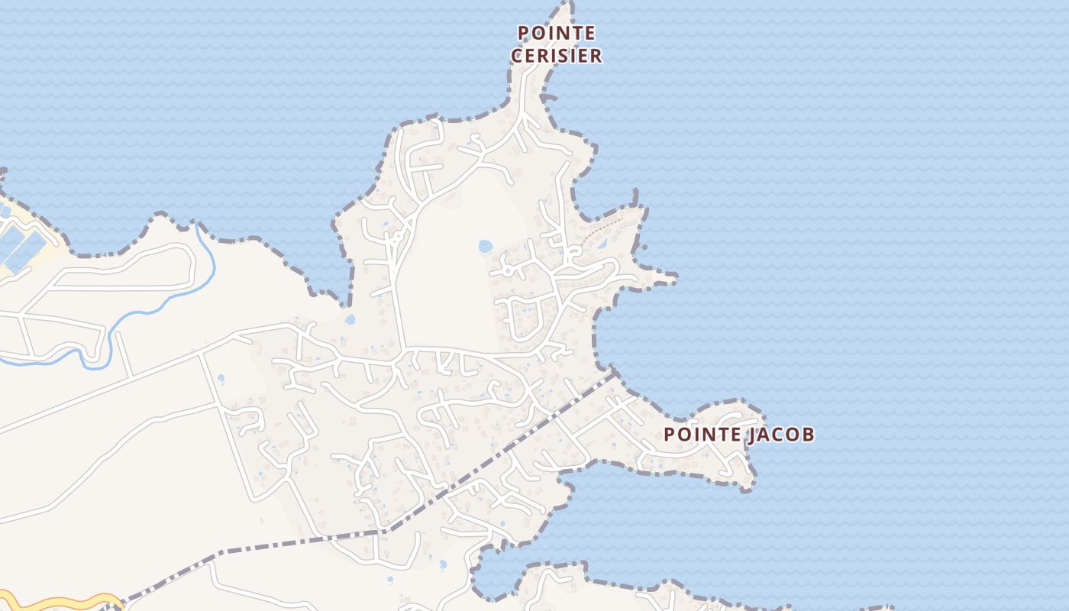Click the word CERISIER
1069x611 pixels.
point(557,56)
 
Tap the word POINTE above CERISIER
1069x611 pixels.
point(557,33)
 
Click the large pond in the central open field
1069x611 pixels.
point(485,246)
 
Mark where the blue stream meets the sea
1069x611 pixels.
point(199,225)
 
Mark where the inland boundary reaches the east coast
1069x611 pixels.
point(614,373)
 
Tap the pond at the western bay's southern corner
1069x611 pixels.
point(350,319)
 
